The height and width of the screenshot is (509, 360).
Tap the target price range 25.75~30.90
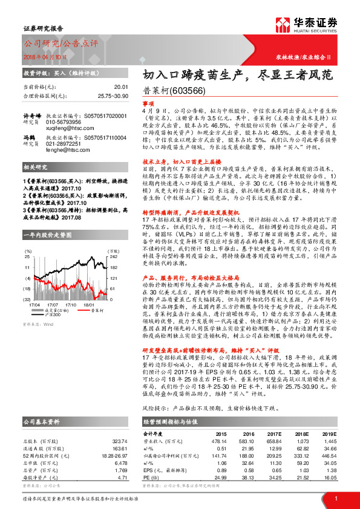click(113, 96)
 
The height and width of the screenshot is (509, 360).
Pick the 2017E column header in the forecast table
click(275, 433)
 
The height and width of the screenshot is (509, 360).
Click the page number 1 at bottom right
click(336, 499)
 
